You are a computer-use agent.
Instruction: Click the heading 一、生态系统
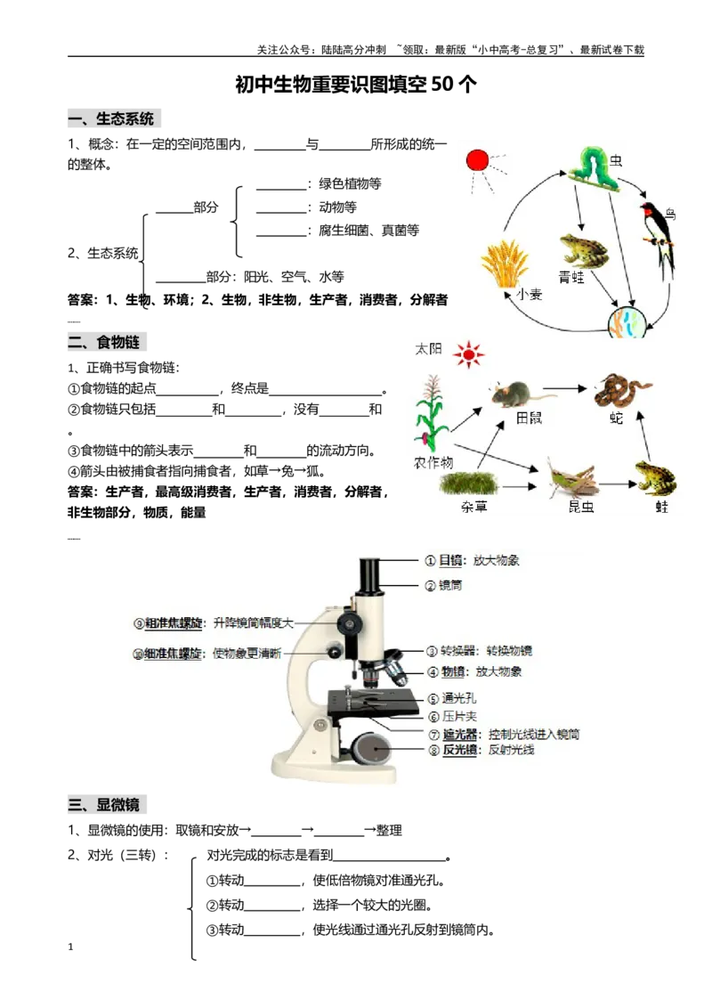[114, 118]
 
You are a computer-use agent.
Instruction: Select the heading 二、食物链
[107, 343]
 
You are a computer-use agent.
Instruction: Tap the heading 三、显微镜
[107, 806]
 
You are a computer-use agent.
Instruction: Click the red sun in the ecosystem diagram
[478, 161]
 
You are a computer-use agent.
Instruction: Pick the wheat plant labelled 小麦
[505, 262]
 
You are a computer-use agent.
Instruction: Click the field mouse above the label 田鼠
[513, 392]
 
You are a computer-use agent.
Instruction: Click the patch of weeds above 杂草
[469, 484]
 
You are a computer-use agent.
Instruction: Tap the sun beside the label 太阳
[468, 354]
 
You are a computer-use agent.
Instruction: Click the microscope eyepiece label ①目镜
[472, 561]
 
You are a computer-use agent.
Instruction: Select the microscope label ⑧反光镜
[481, 750]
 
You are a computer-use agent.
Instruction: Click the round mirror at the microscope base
[375, 751]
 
